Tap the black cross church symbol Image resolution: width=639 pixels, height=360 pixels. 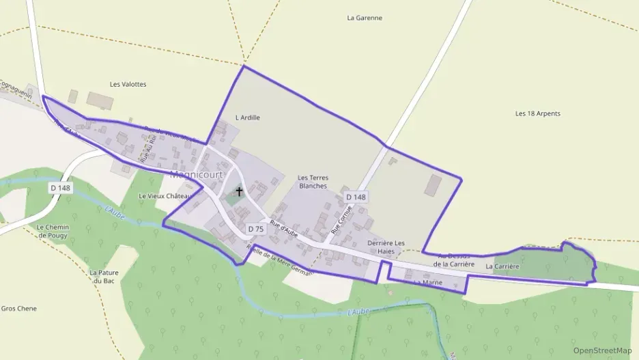(239, 191)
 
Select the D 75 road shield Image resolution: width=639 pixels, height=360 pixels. (256, 229)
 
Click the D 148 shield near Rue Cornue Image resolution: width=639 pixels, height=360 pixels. (356, 197)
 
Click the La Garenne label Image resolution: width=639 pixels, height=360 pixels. (365, 18)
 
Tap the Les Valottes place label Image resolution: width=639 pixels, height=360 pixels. (128, 84)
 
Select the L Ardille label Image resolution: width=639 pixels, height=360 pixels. (247, 117)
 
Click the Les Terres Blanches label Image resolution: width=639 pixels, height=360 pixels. (313, 182)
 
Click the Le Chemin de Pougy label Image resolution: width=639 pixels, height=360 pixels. (53, 231)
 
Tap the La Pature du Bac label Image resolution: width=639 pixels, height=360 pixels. (104, 277)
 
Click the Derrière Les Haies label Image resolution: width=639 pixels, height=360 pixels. (386, 247)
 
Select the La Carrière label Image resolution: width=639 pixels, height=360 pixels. (502, 266)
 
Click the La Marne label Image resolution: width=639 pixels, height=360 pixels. (428, 282)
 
